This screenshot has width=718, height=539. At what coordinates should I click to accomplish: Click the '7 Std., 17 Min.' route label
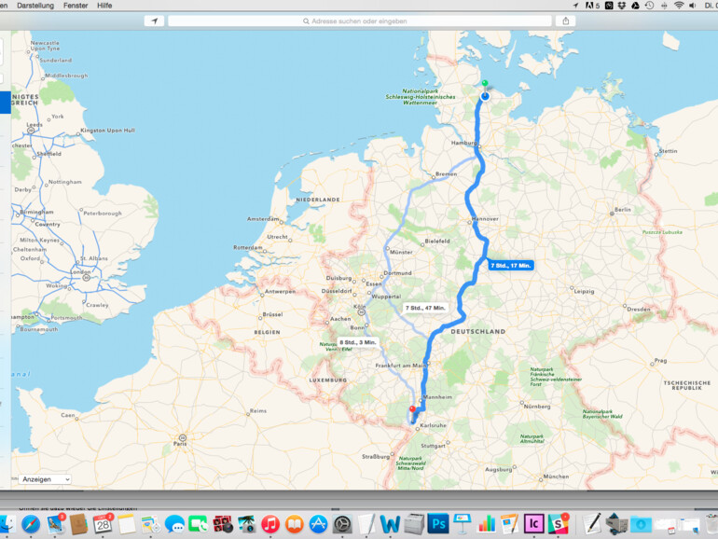511,266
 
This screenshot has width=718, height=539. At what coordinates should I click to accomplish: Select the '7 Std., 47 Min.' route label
425,308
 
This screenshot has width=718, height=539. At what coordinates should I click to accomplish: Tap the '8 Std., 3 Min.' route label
358,342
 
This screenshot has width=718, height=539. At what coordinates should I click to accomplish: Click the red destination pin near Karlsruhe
412,408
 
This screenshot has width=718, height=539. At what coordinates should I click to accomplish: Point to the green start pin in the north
485,84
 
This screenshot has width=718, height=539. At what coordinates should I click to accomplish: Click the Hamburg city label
463,144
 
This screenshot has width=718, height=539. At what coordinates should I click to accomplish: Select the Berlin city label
623,210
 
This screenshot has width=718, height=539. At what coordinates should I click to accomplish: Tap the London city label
81,272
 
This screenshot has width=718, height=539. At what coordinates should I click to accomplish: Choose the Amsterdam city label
263,219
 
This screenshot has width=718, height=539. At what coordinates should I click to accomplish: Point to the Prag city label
660,360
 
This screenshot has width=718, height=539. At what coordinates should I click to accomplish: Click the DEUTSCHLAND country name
477,331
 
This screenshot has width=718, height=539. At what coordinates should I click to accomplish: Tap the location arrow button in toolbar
154,21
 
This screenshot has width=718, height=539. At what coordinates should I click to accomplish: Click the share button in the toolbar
566,21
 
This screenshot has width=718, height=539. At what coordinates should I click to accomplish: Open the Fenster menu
76,6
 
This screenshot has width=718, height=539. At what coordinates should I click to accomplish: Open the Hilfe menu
104,6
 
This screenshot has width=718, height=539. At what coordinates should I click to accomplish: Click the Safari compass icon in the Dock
31,524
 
